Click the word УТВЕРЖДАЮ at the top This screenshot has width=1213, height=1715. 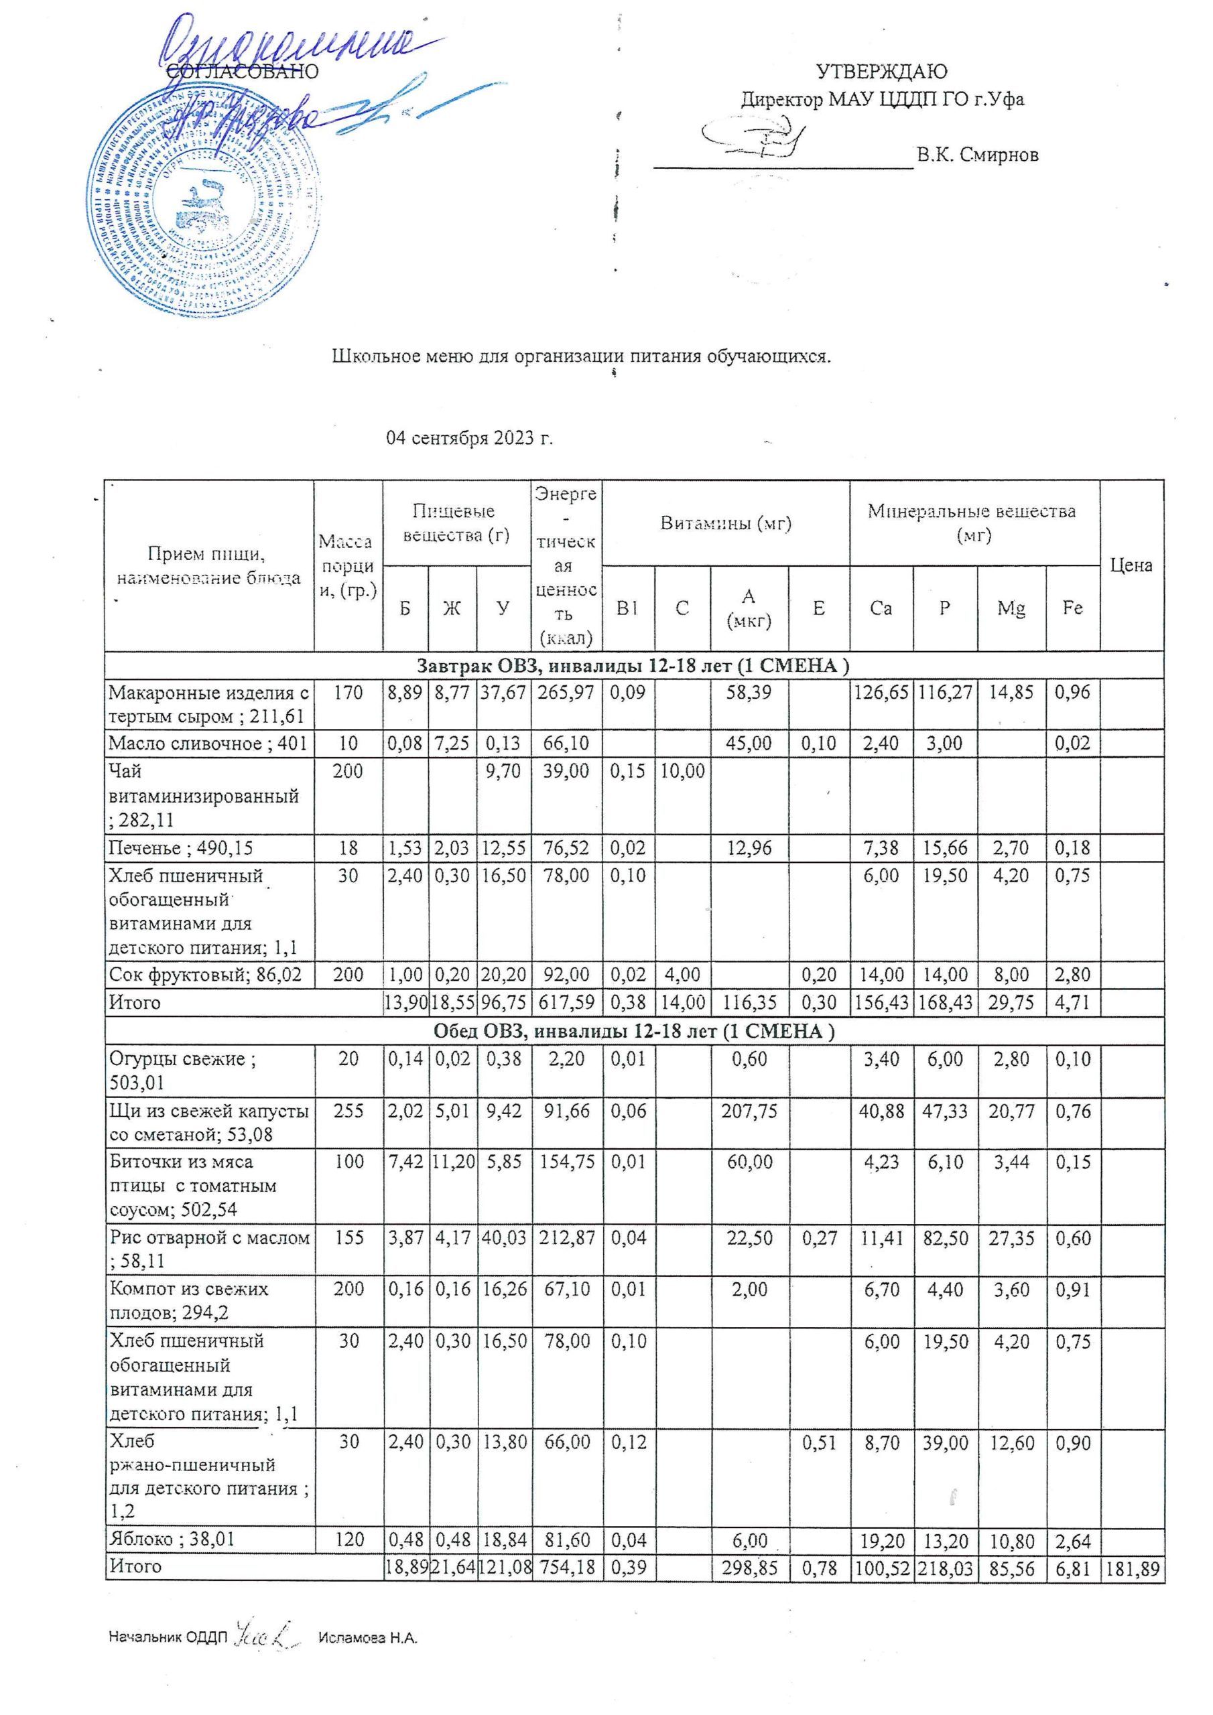[x=881, y=72]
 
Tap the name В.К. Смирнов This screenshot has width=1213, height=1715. [x=978, y=155]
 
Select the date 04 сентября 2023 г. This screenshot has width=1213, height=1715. [x=469, y=437]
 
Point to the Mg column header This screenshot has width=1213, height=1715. [x=1011, y=608]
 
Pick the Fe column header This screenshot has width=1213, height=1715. [x=1072, y=608]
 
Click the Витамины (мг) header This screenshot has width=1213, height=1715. [x=725, y=523]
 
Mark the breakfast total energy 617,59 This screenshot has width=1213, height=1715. [x=566, y=1002]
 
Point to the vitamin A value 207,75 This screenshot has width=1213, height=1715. [x=749, y=1111]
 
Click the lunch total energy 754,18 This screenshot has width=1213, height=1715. [x=566, y=1566]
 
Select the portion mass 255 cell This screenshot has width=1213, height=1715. [x=348, y=1111]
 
